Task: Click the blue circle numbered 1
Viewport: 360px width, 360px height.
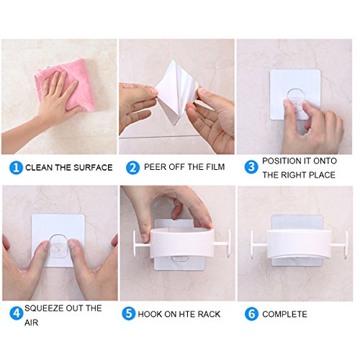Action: click(x=16, y=168)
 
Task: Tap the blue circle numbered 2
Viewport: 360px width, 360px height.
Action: click(x=132, y=168)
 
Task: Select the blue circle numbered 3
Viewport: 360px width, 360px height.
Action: click(x=251, y=167)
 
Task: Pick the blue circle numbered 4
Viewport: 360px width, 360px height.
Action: click(x=17, y=313)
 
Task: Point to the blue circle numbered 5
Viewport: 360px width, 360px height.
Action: click(x=129, y=313)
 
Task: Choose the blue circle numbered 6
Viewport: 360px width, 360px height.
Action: click(x=251, y=314)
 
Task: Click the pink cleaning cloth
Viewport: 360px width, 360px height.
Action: click(x=67, y=84)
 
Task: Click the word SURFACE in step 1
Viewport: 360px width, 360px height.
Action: click(x=93, y=168)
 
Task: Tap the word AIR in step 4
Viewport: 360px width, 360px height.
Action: click(x=32, y=323)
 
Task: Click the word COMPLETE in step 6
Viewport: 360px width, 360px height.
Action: click(x=284, y=314)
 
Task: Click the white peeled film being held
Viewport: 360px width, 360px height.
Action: click(x=176, y=94)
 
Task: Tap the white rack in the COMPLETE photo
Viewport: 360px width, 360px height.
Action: click(x=299, y=243)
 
